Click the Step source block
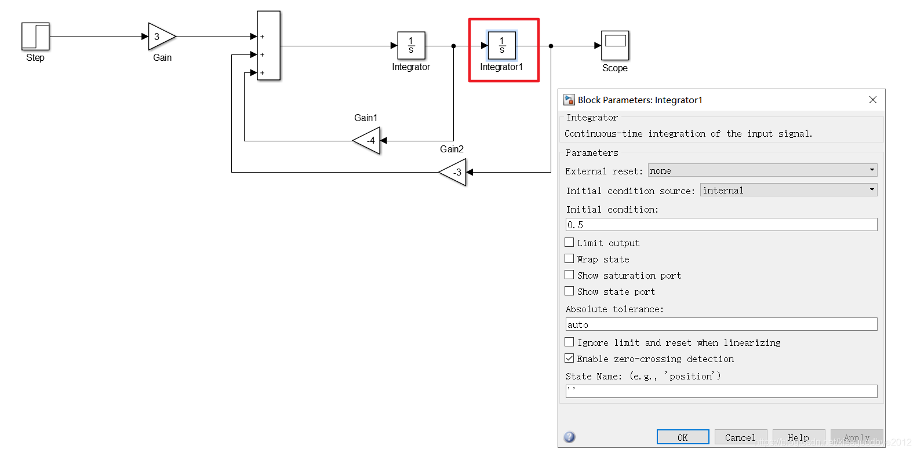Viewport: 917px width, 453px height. point(35,36)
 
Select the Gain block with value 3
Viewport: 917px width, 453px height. point(161,36)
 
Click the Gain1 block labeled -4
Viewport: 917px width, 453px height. point(368,141)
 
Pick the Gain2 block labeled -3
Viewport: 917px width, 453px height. point(454,172)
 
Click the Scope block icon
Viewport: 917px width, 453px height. point(615,45)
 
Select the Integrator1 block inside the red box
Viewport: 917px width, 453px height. point(502,45)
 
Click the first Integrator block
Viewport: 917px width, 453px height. point(411,45)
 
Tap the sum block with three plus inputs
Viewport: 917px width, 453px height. point(269,45)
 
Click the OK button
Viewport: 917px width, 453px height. point(682,437)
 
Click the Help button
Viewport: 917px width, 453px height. point(798,437)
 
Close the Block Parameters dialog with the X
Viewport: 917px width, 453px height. point(873,100)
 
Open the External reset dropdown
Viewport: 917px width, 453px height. point(762,170)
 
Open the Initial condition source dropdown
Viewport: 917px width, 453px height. point(788,190)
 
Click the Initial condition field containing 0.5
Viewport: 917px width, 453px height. point(721,225)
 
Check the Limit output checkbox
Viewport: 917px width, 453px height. point(570,243)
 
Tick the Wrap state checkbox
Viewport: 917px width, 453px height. point(570,259)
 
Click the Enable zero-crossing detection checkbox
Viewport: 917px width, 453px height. point(570,359)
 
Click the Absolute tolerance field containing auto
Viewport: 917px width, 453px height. point(721,324)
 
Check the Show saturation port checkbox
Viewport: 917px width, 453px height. point(570,275)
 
